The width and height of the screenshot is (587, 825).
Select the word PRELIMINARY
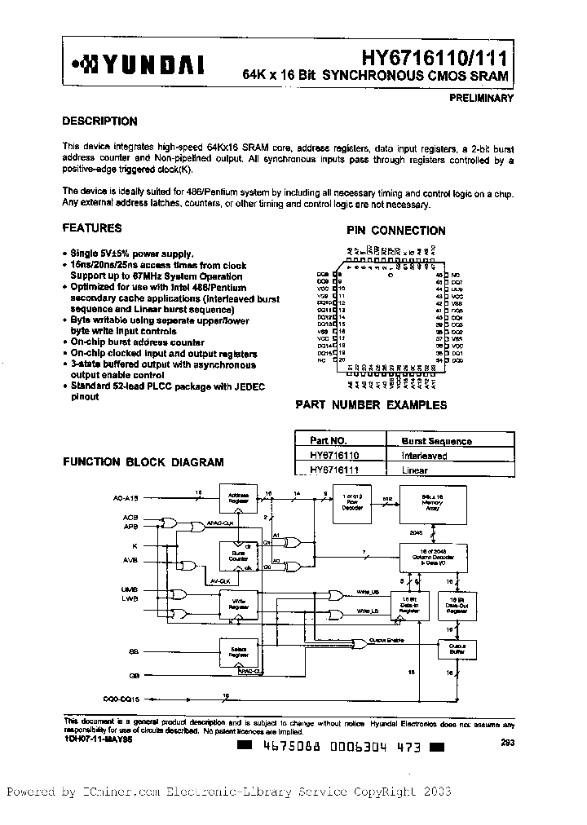click(x=481, y=98)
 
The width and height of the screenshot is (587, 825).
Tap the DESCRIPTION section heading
click(x=99, y=121)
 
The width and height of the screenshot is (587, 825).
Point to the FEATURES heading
click(x=92, y=228)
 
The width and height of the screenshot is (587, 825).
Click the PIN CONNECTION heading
click(x=395, y=231)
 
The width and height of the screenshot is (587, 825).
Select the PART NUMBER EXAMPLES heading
click(x=371, y=404)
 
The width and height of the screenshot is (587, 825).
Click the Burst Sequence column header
click(x=436, y=441)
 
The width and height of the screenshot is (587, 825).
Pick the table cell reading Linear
click(x=415, y=470)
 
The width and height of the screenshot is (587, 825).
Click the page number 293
click(x=507, y=743)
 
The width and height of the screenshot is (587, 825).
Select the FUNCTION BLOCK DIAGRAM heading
click(x=143, y=462)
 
